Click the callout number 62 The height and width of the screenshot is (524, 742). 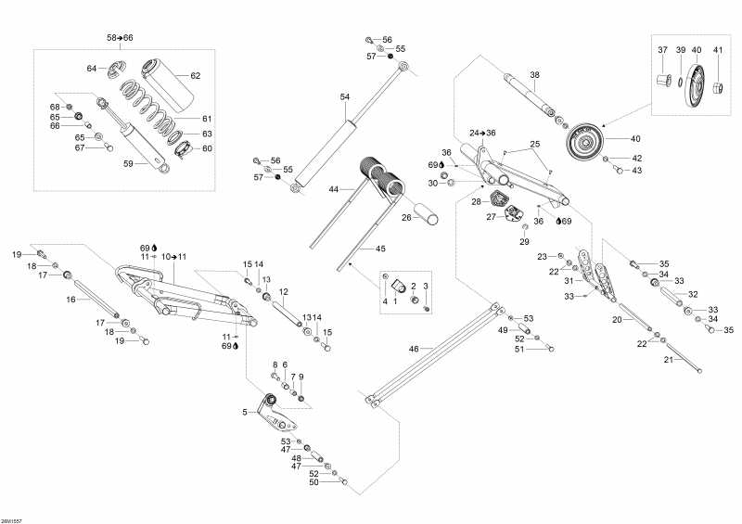click(x=195, y=75)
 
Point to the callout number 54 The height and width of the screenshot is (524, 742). click(x=345, y=96)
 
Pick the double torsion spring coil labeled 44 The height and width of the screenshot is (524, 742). click(x=383, y=178)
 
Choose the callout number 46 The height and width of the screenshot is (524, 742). click(x=414, y=349)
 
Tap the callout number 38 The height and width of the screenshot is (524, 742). click(x=534, y=74)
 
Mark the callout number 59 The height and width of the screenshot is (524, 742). click(x=130, y=164)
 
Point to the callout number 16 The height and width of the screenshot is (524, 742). click(x=70, y=300)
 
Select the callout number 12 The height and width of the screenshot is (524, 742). click(x=284, y=291)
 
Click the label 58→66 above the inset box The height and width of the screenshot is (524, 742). click(x=120, y=37)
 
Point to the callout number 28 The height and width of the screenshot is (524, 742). click(x=475, y=200)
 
